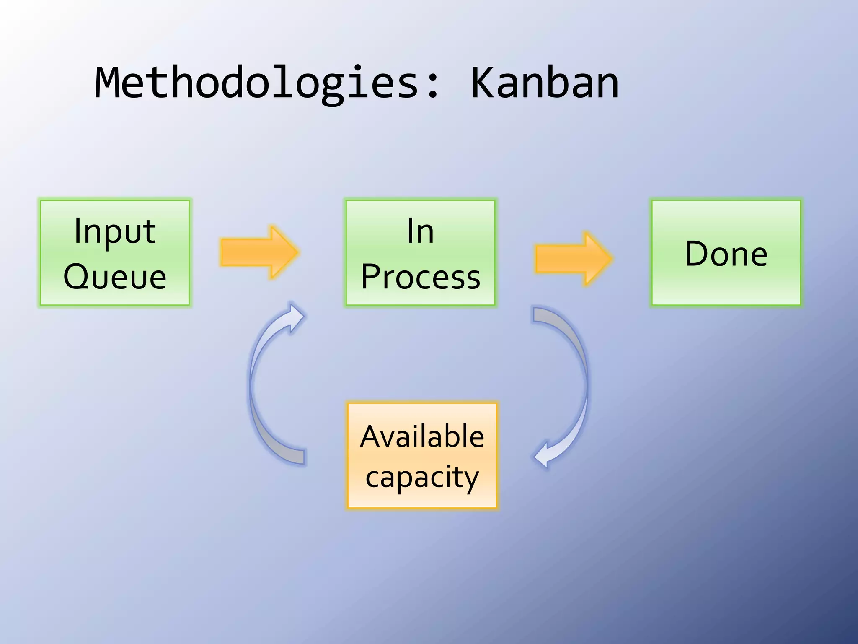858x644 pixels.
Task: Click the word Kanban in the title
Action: pyautogui.click(x=544, y=84)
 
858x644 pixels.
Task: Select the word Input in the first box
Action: pyautogui.click(x=115, y=231)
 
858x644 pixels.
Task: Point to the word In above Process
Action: pyautogui.click(x=420, y=231)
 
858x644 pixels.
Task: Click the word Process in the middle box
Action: pyautogui.click(x=420, y=278)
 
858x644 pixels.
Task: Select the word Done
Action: pyautogui.click(x=726, y=254)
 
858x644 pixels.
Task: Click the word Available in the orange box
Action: pyautogui.click(x=422, y=437)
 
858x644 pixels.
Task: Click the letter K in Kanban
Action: pyautogui.click(x=484, y=84)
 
